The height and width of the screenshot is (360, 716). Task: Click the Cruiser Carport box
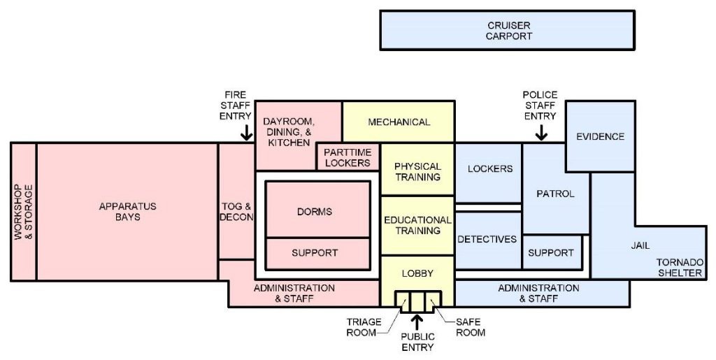pos(508,31)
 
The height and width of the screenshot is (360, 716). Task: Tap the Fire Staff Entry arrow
pos(246,131)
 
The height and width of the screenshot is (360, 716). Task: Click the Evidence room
pos(600,136)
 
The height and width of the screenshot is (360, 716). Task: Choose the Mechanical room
pos(399,122)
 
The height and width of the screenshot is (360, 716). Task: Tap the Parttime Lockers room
pos(348,157)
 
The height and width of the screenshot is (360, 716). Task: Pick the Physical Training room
pos(417,172)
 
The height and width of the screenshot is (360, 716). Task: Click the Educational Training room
pos(417,225)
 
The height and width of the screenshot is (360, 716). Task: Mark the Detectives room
pos(487,240)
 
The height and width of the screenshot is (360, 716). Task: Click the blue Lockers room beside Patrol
pos(489,169)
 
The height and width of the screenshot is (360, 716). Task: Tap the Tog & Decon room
pos(236,212)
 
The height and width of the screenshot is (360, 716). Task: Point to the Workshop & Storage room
pos(24,212)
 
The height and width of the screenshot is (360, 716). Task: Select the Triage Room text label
pos(364,327)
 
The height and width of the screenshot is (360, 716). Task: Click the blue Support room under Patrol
pos(551,252)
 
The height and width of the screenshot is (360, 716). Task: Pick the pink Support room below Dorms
pos(315,252)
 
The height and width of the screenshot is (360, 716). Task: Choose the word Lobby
pos(417,273)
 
